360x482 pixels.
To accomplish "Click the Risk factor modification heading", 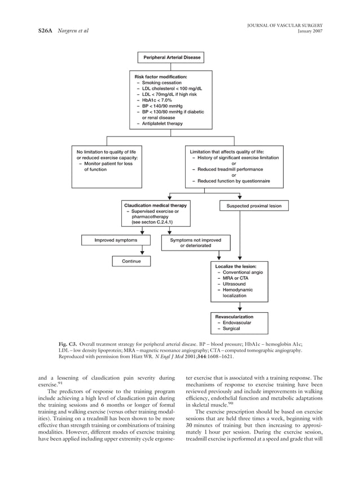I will click(161, 76).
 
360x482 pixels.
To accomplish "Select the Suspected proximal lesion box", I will click(253, 206).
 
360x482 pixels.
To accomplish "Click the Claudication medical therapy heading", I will click(155, 205).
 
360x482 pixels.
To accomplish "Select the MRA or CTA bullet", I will click(235, 278).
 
